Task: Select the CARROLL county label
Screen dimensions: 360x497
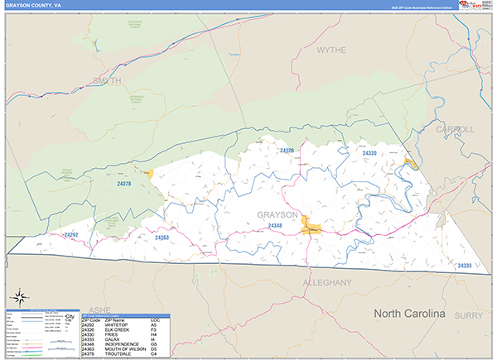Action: (456, 129)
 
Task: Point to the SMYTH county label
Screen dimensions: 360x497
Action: (107, 80)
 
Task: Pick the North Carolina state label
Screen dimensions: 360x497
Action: (409, 314)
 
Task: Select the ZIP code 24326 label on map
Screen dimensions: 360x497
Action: (287, 151)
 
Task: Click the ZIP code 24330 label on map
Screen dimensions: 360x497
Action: (369, 153)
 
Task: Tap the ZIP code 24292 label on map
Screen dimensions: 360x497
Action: (71, 235)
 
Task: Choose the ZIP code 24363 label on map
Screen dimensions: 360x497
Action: (162, 238)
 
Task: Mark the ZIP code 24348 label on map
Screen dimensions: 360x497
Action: (275, 225)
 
